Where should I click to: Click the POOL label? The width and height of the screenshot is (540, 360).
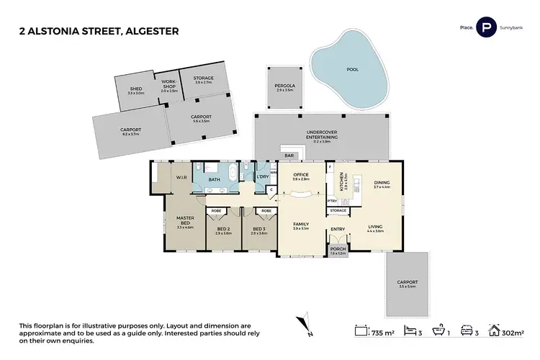[352, 70]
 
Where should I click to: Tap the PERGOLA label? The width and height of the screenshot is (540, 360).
[284, 86]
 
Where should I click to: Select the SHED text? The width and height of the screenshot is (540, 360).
[136, 89]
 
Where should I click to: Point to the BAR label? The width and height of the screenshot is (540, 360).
[290, 155]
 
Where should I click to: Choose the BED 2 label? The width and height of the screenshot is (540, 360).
[223, 229]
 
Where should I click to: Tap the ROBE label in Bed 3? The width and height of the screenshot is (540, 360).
[266, 211]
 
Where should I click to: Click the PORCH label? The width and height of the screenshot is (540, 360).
[338, 250]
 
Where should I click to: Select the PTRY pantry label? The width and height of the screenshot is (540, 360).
[333, 201]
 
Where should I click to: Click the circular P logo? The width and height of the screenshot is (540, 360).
[487, 29]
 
